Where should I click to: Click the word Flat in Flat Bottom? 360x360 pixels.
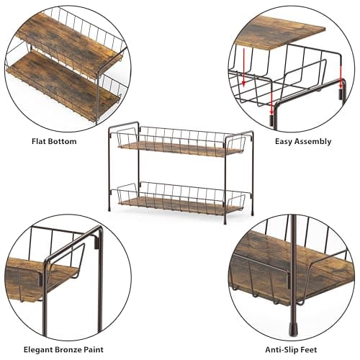tap(38, 141)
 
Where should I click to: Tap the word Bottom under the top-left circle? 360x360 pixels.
tap(62, 141)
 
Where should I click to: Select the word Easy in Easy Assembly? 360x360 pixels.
tap(284, 141)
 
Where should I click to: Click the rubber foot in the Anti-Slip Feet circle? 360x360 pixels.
tap(293, 330)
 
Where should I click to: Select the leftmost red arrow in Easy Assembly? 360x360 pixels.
tap(244, 67)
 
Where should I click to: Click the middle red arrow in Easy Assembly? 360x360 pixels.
tap(271, 102)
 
